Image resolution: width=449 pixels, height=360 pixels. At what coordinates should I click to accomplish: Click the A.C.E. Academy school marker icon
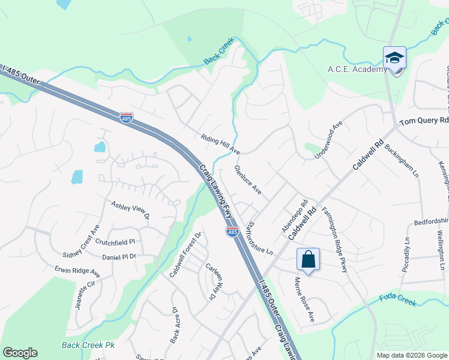[395, 59]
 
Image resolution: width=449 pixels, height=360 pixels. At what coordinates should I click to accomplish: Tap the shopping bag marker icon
[308, 260]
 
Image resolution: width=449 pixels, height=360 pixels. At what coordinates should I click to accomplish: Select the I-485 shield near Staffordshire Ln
[233, 231]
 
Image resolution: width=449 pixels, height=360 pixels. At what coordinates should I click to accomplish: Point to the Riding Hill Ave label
[220, 144]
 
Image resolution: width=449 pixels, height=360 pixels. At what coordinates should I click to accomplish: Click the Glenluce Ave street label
[248, 180]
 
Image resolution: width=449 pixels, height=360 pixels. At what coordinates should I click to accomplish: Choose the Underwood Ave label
[329, 140]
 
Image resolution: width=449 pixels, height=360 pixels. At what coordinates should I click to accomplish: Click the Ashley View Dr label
[129, 210]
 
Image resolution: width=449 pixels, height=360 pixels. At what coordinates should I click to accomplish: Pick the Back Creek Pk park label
[88, 346]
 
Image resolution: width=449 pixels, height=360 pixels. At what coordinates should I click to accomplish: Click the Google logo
[20, 353]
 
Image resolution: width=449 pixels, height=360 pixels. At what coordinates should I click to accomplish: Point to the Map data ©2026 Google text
[411, 355]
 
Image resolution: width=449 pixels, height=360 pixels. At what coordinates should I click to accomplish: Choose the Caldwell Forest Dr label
[184, 254]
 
